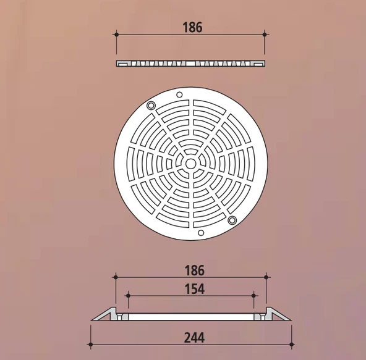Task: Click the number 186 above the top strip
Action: (192, 27)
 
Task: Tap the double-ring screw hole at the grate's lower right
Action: (232, 220)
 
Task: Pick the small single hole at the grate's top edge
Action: (179, 94)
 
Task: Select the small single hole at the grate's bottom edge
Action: (200, 233)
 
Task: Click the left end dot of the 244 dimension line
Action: (91, 344)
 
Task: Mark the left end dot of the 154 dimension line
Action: (127, 295)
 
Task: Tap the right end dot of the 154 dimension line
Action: (253, 295)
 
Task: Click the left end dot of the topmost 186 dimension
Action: (117, 35)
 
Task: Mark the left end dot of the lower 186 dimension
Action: (116, 277)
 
